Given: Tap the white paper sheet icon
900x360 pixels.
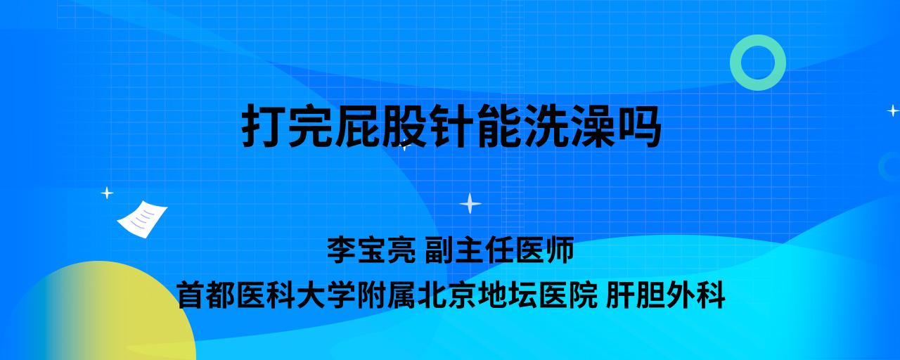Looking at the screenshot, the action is (142, 219).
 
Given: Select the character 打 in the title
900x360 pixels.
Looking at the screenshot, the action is (263, 126).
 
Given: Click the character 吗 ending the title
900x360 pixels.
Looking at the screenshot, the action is (639, 126).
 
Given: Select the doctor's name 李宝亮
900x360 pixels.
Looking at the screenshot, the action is (371, 250).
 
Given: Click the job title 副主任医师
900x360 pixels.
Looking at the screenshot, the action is (499, 250).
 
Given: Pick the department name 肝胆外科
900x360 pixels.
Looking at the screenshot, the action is (665, 295).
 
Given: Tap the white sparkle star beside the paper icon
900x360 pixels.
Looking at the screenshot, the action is (107, 193).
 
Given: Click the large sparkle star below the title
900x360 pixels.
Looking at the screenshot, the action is (470, 204).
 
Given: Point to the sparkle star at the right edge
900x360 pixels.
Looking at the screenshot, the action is (893, 110).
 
